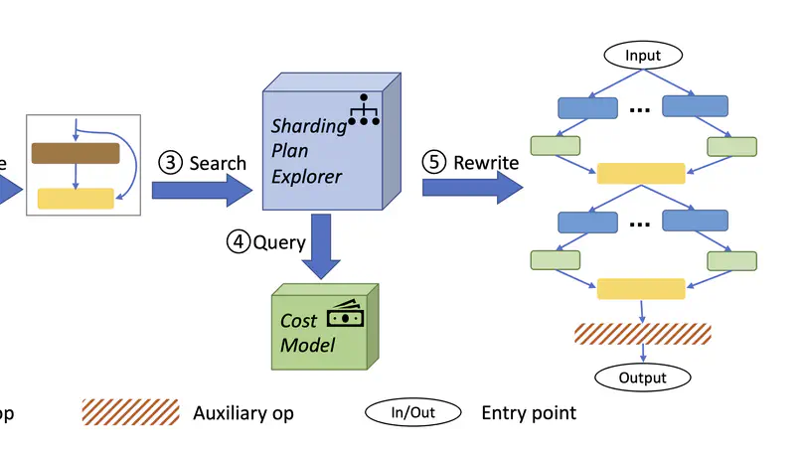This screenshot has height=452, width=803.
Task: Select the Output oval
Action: [642, 377]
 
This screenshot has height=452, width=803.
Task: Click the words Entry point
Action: [528, 412]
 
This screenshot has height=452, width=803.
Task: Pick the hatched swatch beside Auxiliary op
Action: [130, 412]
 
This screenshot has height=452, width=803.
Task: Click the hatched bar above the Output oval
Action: [642, 334]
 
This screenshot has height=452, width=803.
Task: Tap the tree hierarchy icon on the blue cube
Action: [366, 108]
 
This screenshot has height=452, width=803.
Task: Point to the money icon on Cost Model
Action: [347, 313]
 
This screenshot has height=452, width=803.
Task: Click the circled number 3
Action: [172, 163]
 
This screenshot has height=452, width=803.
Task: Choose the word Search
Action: [218, 163]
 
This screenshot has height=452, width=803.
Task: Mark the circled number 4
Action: [238, 242]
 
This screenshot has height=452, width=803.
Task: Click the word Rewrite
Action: [486, 162]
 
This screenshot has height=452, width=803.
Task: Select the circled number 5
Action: [436, 162]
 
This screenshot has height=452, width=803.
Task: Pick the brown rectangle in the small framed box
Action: [76, 153]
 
